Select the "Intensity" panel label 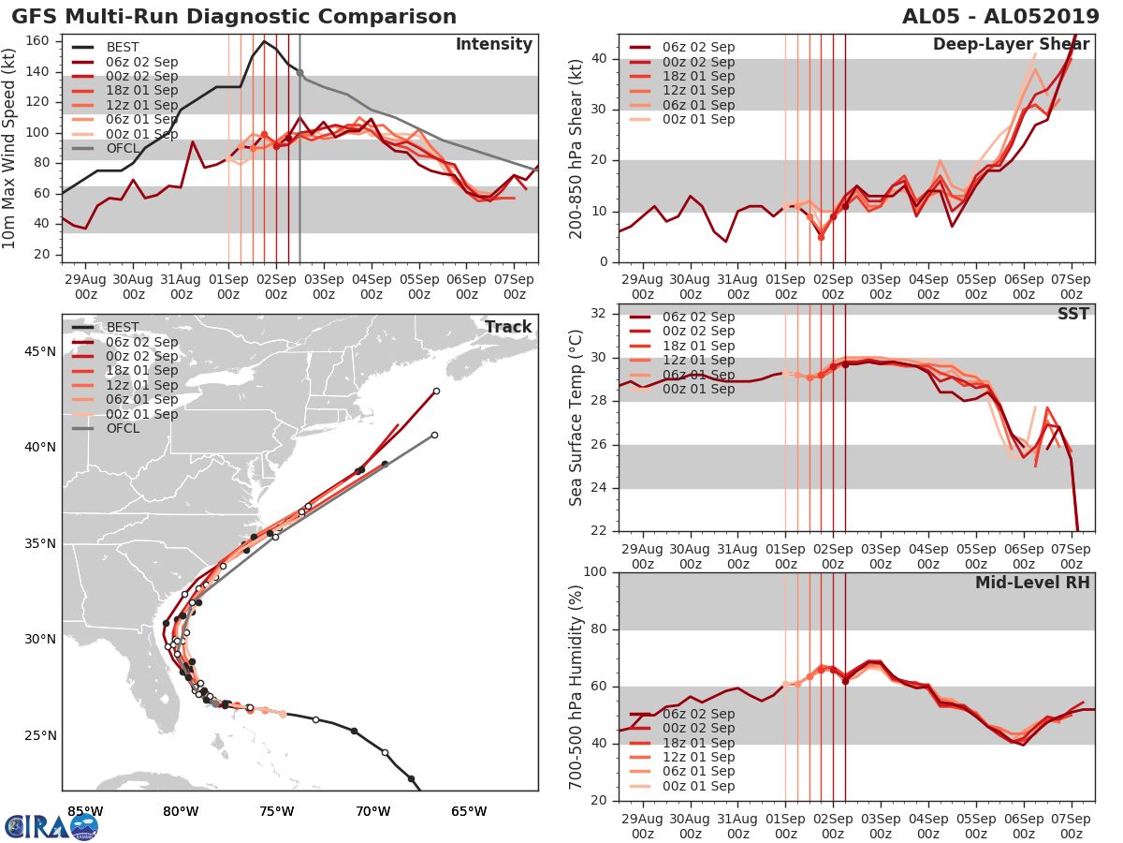pyautogui.click(x=493, y=45)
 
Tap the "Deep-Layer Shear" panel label pyautogui.click(x=1011, y=45)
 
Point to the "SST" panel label pyautogui.click(x=1073, y=314)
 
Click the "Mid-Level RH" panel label pyautogui.click(x=1032, y=583)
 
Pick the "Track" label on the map pyautogui.click(x=508, y=327)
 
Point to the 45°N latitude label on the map pyautogui.click(x=39, y=351)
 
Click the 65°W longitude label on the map pyautogui.click(x=469, y=811)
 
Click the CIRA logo pyautogui.click(x=51, y=826)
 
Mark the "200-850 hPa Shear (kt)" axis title pyautogui.click(x=576, y=148)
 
